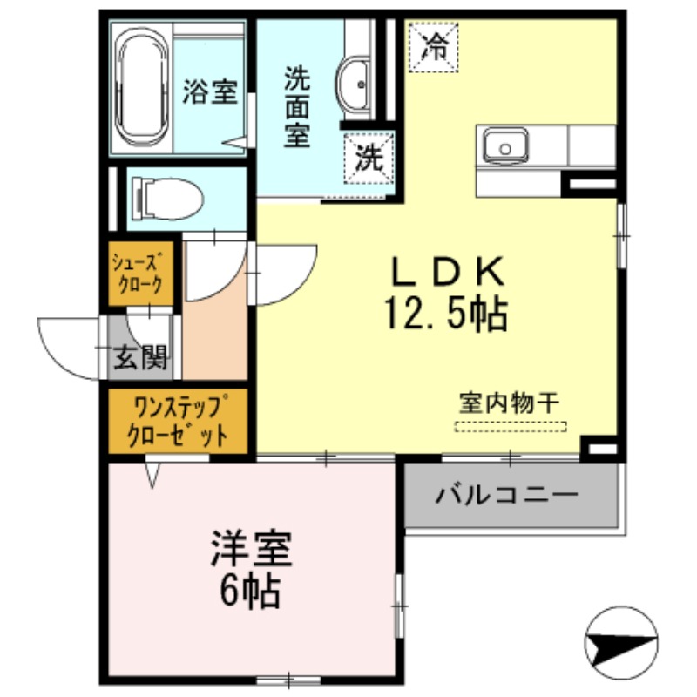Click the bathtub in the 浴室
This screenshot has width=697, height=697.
pos(142,89)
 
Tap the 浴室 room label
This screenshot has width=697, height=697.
pos(209,92)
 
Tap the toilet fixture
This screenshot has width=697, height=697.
pos(166,199)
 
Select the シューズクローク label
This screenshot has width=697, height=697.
pos(135,272)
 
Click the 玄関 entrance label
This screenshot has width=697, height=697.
pos(142,358)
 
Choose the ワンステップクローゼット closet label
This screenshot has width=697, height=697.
pos(178,421)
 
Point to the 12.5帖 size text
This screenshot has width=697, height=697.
pos(446,315)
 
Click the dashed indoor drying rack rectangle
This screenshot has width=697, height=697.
pos(511,427)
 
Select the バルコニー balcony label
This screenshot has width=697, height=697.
pos(507,496)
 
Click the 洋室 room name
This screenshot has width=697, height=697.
pos(248,550)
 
